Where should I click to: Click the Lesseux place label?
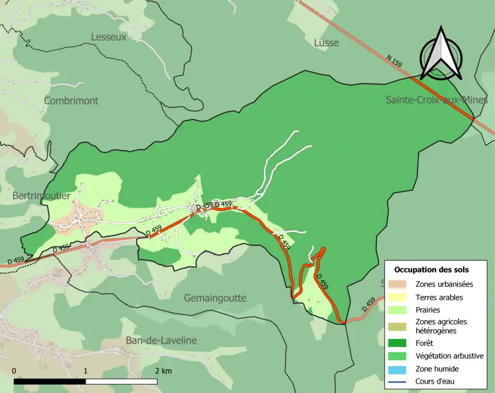coord(108,37)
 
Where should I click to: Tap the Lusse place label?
coord(326,43)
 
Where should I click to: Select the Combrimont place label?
coord(71,101)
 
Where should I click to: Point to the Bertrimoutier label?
coord(41,196)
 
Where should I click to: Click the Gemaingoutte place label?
coord(215,298)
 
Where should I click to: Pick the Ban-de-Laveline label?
coord(161,340)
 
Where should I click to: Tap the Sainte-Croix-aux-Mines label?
coord(436,100)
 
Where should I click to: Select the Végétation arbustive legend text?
coord(449,356)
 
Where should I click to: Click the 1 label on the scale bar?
coord(86,371)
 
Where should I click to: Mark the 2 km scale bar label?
coord(163,371)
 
